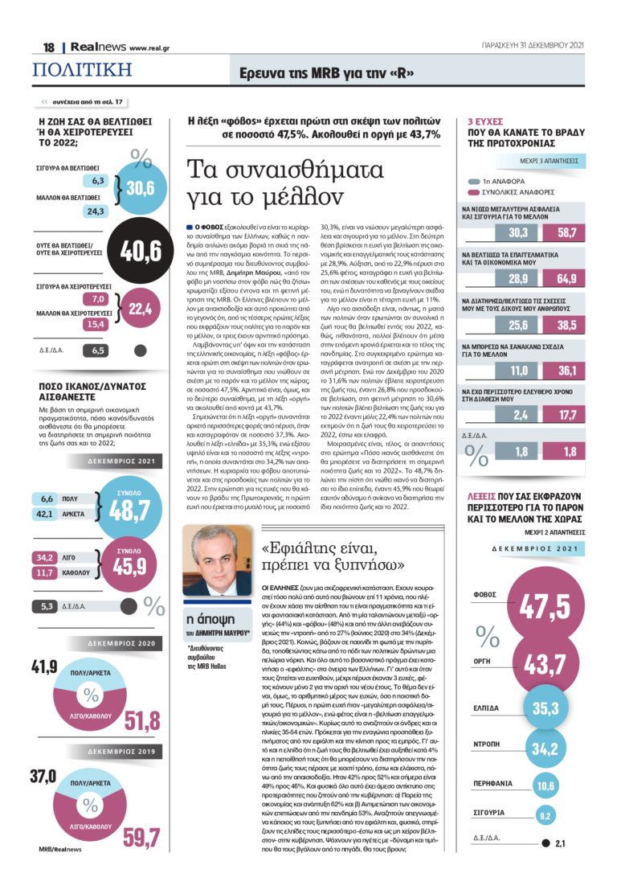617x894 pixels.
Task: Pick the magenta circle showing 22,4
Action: [139, 308]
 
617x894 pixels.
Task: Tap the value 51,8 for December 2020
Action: [141, 720]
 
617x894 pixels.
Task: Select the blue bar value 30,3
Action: [517, 232]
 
